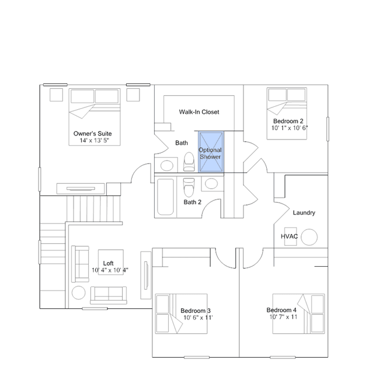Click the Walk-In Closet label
pyautogui.click(x=199, y=112)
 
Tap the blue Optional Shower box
pyautogui.click(x=211, y=152)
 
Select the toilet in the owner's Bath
pyautogui.click(x=189, y=162)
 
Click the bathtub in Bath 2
pyautogui.click(x=165, y=197)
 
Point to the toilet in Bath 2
pyautogui.click(x=189, y=187)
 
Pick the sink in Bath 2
pyautogui.click(x=211, y=184)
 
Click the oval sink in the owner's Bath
pyautogui.click(x=167, y=166)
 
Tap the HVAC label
pyautogui.click(x=289, y=236)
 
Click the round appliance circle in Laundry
pyautogui.click(x=309, y=237)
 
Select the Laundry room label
pyautogui.click(x=304, y=212)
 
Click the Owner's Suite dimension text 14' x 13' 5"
pyautogui.click(x=94, y=140)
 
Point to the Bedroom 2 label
pyautogui.click(x=288, y=121)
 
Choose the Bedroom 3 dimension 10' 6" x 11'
pyautogui.click(x=198, y=318)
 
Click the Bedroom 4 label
pyautogui.click(x=281, y=310)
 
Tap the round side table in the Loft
pyautogui.click(x=78, y=292)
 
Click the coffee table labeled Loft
pyautogui.click(x=111, y=262)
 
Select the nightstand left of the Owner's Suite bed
pyautogui.click(x=57, y=95)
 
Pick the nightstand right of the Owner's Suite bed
pyautogui.click(x=133, y=95)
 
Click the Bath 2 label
pyautogui.click(x=192, y=202)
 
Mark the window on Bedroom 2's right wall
pyautogui.click(x=327, y=129)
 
